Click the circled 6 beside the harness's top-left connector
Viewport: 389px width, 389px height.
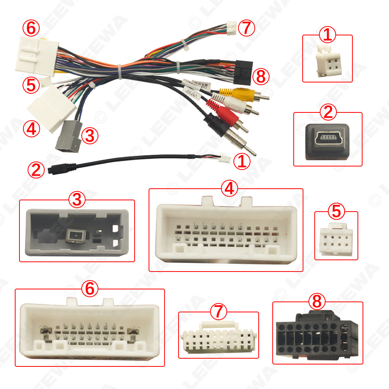point(31,28)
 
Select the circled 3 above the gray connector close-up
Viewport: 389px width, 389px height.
point(77,200)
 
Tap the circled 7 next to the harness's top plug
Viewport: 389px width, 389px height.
point(246,28)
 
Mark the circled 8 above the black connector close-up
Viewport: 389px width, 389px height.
point(317,301)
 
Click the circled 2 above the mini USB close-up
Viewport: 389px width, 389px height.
point(328,112)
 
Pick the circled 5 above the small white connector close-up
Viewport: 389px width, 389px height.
point(336,211)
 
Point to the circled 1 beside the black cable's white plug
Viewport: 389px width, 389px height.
point(242,161)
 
